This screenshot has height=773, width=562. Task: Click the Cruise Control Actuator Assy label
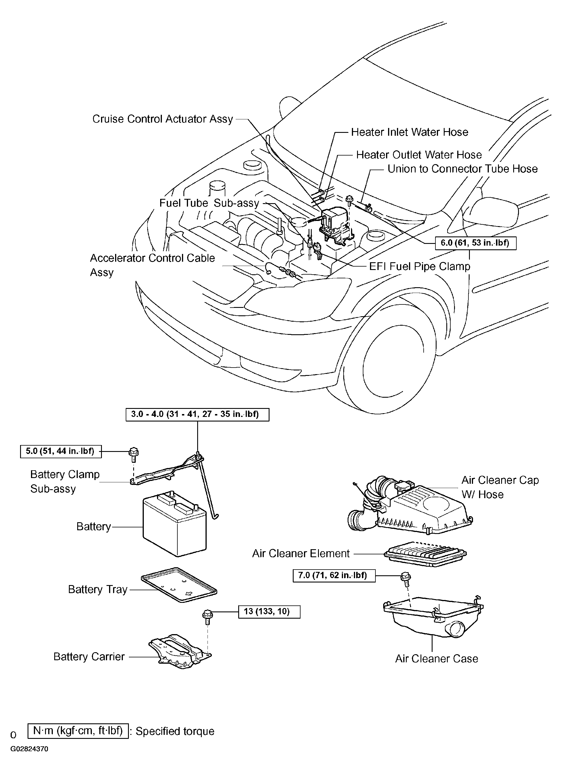coord(163,119)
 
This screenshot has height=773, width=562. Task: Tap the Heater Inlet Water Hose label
coord(409,132)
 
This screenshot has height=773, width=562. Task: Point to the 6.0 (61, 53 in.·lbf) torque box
coord(475,243)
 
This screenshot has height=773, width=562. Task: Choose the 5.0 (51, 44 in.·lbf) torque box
coord(61,451)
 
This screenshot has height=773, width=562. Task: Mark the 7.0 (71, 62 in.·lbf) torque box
coord(334,575)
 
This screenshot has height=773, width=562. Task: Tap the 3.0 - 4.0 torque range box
coord(197,414)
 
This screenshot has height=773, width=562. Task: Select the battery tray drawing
coord(179,586)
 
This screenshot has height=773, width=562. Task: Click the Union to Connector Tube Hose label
coord(462,169)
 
